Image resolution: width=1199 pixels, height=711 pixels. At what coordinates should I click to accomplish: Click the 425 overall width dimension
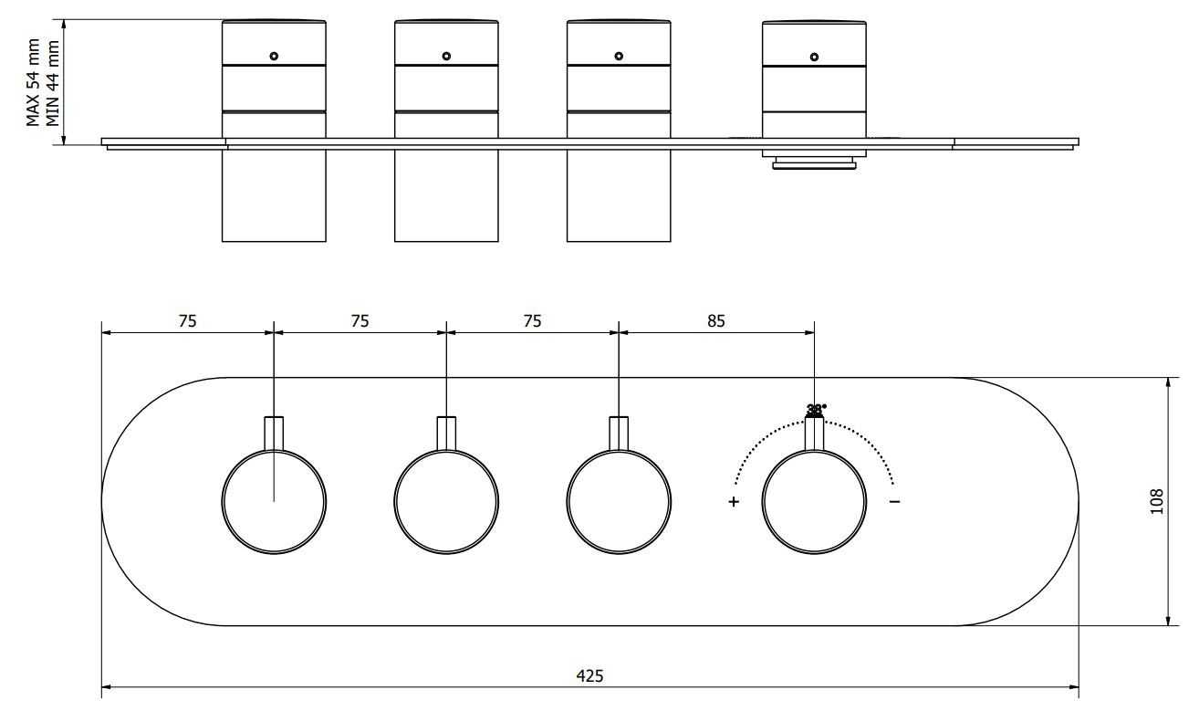[589, 676]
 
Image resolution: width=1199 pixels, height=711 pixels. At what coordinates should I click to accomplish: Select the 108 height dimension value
[1157, 501]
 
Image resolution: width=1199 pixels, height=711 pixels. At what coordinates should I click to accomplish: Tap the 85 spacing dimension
[716, 320]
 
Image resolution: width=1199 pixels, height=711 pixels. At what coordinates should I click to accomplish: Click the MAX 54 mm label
[33, 83]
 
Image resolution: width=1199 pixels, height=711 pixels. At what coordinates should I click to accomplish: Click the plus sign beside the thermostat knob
[734, 502]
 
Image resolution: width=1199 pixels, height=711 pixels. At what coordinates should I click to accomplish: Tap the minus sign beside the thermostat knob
[894, 501]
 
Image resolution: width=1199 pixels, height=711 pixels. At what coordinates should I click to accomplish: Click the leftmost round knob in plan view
[275, 501]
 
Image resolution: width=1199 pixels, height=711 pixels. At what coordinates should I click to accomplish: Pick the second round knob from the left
[446, 501]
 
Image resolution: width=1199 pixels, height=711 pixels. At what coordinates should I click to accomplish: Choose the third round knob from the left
[619, 501]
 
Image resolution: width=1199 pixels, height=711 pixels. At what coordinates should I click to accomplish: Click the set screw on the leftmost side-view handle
[274, 57]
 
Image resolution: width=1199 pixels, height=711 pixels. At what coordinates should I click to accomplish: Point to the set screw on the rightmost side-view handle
[814, 57]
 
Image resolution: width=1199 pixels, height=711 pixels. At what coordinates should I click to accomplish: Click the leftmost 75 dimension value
[188, 320]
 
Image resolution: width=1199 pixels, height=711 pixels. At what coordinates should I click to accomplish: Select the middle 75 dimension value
[360, 320]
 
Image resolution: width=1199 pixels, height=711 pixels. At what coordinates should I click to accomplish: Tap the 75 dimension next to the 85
[532, 320]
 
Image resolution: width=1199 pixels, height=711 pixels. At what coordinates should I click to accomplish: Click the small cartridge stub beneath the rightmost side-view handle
[814, 161]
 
